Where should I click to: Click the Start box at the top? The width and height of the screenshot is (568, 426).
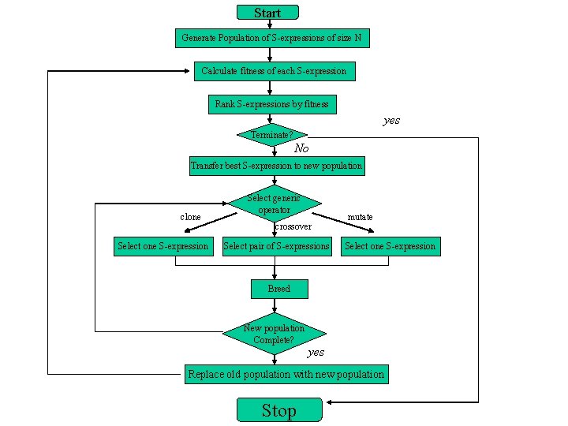point(268,12)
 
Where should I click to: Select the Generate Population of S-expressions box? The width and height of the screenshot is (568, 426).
point(271,38)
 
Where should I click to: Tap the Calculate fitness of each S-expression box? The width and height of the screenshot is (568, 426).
point(274,71)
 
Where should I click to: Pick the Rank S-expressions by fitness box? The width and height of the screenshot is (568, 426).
point(271,104)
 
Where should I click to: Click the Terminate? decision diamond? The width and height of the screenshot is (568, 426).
point(271,135)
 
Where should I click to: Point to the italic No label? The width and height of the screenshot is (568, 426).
point(301,149)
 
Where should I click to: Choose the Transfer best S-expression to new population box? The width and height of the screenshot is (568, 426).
point(276,166)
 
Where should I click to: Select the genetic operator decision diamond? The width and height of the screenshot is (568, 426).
point(274,204)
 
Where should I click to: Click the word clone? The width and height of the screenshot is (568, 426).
point(190,217)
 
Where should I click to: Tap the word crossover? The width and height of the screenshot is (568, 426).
point(293,226)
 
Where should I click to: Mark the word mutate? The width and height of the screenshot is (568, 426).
point(360,217)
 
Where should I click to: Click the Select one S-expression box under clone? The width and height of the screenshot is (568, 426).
point(163,246)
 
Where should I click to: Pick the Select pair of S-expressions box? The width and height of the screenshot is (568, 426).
point(277,246)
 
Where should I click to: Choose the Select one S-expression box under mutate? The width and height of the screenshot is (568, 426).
point(390,246)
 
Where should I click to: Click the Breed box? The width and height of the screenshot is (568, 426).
point(279,289)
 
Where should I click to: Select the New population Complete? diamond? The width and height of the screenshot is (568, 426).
point(274,334)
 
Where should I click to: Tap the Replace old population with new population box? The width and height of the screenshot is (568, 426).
point(286,374)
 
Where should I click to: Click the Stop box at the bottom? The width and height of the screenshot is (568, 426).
point(279,410)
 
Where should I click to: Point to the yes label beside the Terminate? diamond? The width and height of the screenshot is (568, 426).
point(391,121)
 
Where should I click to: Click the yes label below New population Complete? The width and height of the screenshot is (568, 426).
point(316,352)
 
